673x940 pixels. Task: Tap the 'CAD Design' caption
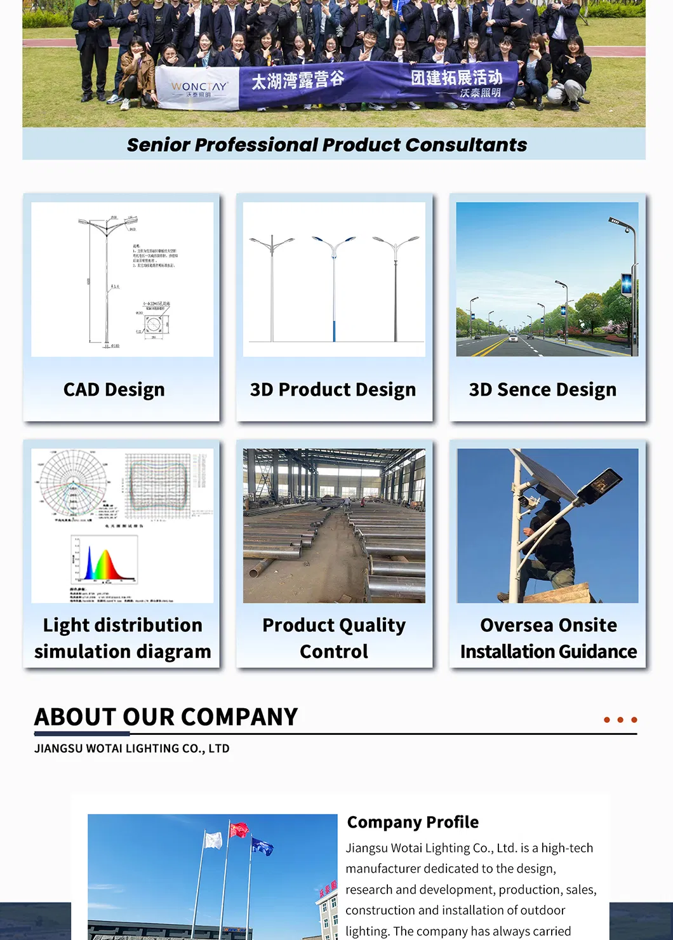click(x=114, y=389)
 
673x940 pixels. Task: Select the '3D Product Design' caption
click(x=333, y=389)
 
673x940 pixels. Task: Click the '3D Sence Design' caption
click(x=543, y=389)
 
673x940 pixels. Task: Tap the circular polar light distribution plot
click(x=71, y=484)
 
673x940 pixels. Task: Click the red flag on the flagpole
click(x=239, y=830)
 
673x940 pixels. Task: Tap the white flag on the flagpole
click(x=213, y=840)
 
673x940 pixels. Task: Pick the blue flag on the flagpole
click(x=262, y=846)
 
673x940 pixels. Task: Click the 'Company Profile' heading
click(x=413, y=822)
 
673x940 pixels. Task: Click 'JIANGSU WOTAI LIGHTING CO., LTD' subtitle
click(x=132, y=748)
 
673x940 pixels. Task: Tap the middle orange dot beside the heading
click(x=620, y=720)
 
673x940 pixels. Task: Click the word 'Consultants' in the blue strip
click(x=466, y=145)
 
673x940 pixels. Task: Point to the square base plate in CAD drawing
click(x=154, y=325)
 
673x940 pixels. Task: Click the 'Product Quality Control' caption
click(x=334, y=638)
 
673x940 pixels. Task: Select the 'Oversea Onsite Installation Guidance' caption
click(x=549, y=638)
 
